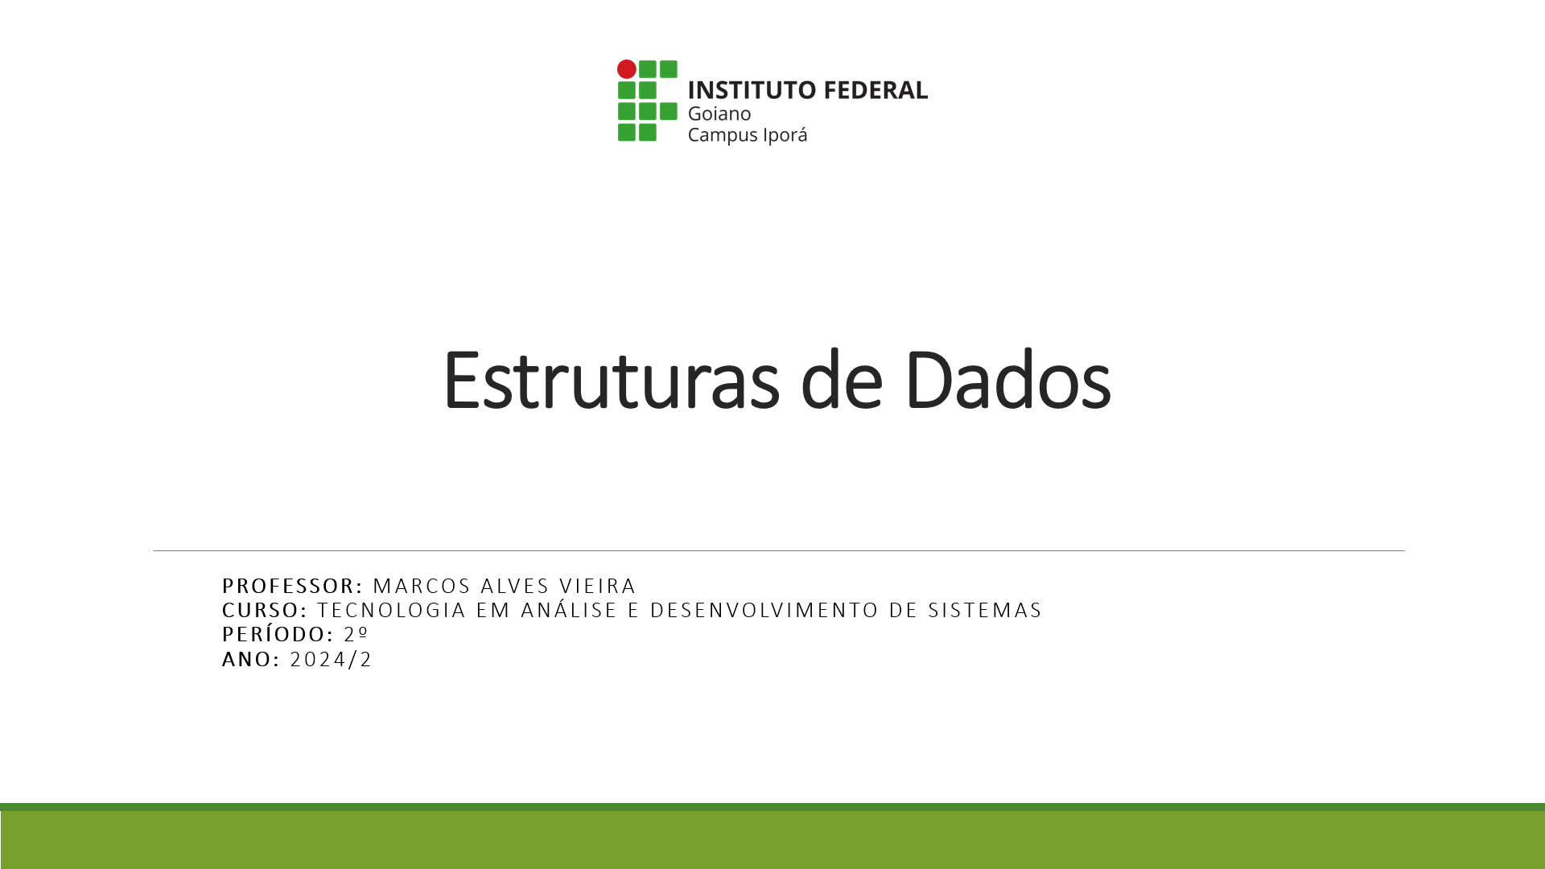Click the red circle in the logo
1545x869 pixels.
click(627, 69)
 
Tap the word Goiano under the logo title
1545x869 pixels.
click(719, 113)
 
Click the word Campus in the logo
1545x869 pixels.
click(717, 135)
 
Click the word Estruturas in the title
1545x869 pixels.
click(611, 381)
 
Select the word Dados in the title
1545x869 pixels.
click(1007, 381)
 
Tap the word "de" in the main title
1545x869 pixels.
click(842, 381)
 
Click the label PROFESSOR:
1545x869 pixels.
click(293, 586)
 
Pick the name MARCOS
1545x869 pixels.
click(422, 586)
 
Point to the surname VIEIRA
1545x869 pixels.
click(598, 586)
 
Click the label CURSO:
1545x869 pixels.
click(265, 610)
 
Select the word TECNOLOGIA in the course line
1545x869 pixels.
click(392, 610)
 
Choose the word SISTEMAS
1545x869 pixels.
click(985, 610)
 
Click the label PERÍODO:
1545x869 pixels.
click(278, 634)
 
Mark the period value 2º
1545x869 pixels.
click(356, 634)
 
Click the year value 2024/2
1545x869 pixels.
click(332, 659)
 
